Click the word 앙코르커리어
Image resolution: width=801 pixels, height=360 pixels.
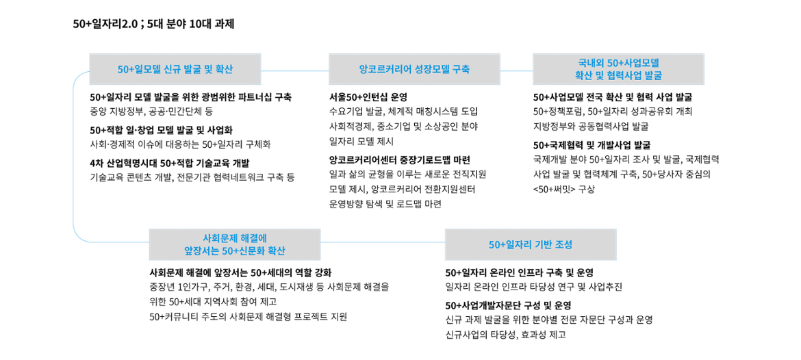click(381, 69)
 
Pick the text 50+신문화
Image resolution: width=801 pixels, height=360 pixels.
click(243, 251)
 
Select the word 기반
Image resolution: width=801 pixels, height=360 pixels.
click(544, 244)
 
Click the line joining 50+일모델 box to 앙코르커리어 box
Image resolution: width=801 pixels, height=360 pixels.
click(294, 70)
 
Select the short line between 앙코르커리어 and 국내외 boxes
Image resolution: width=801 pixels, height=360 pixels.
click(516, 70)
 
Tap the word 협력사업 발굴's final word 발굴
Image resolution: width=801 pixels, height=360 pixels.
click(652, 76)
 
